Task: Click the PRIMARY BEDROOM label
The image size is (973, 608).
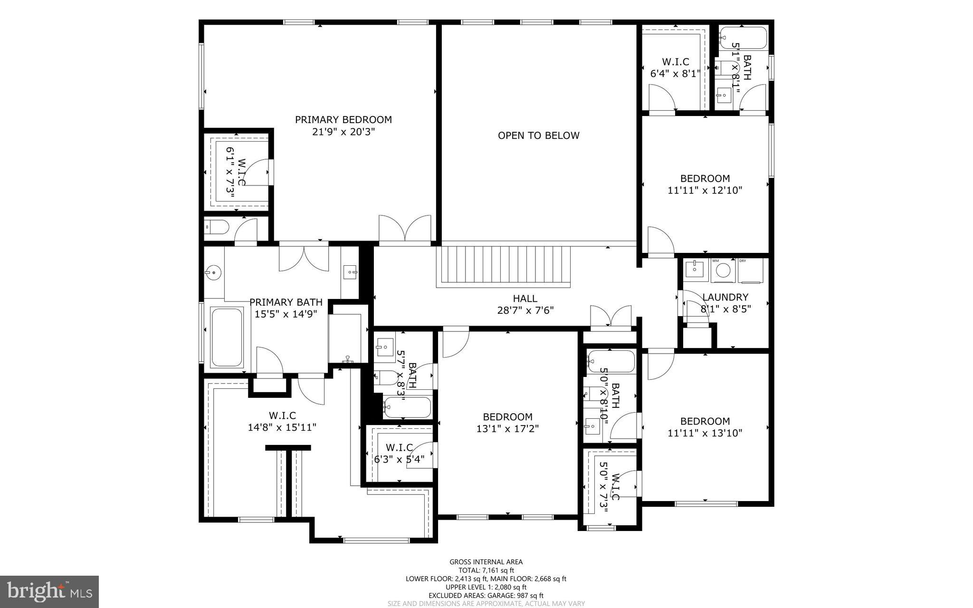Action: [343, 120]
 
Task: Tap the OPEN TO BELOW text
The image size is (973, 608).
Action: [538, 135]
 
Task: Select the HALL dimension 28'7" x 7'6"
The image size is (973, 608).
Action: [525, 310]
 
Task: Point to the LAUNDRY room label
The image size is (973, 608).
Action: [725, 297]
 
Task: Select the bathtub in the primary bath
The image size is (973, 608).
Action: [227, 337]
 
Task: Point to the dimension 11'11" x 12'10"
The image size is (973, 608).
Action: [705, 191]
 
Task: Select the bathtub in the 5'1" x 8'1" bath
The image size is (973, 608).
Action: [743, 38]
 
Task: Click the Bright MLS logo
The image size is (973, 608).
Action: [49, 591]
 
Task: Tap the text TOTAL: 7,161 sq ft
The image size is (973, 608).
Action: [486, 570]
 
